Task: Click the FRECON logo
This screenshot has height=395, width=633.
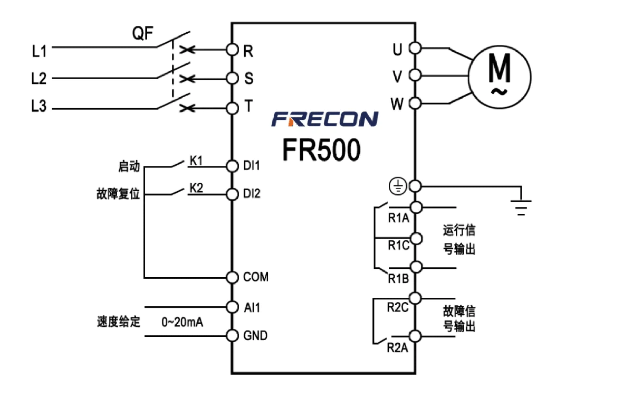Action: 324,119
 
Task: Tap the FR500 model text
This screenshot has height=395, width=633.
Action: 322,149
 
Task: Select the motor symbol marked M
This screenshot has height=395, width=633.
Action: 498,74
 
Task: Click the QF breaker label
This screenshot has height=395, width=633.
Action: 142,35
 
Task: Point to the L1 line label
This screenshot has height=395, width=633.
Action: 39,51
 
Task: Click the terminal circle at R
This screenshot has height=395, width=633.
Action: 232,50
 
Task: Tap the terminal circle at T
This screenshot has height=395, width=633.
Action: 232,108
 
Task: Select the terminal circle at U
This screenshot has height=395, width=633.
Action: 415,49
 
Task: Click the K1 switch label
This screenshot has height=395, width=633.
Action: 196,161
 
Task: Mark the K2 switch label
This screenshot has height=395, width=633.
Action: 196,189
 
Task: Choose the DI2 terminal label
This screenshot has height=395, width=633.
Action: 252,194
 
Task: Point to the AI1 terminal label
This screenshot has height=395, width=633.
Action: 252,307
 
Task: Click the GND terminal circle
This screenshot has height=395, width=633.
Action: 232,335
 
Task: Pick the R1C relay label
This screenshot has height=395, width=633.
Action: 398,245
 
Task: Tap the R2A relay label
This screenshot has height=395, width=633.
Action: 397,347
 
